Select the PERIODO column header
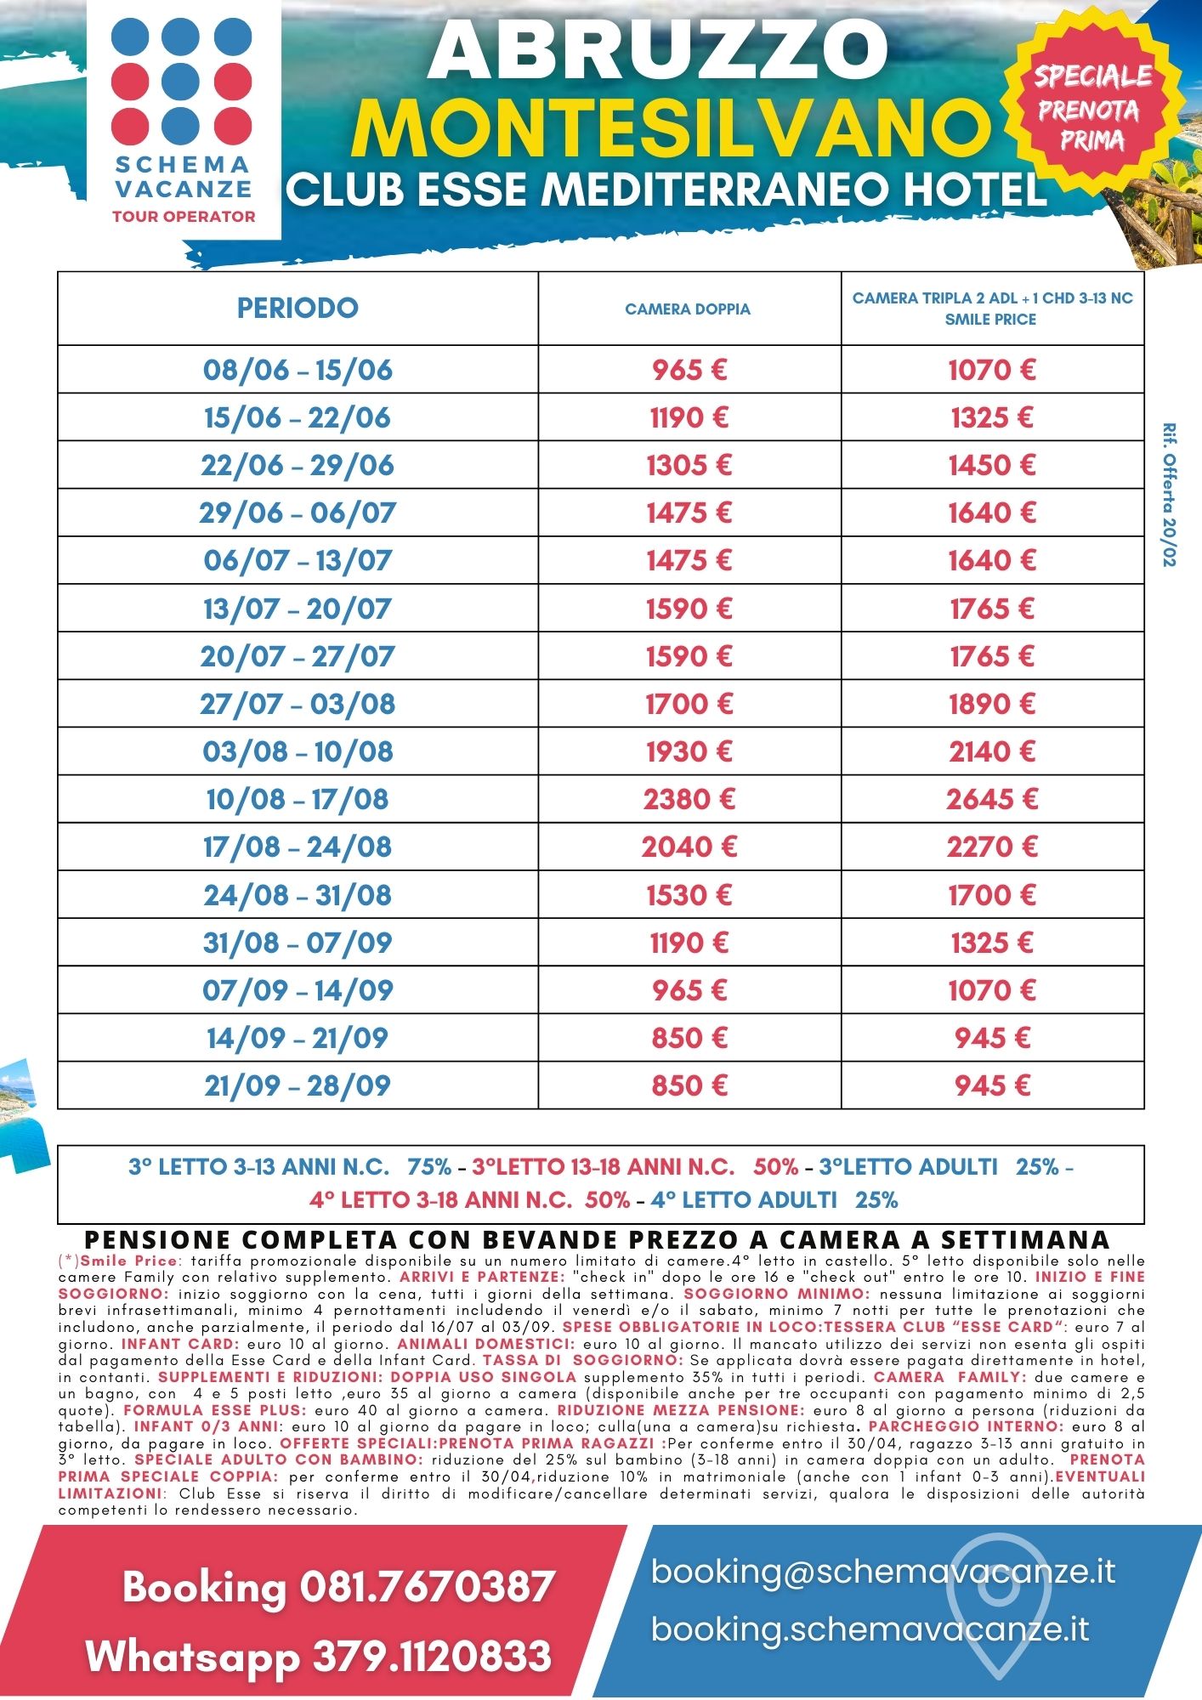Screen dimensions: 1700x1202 tap(298, 308)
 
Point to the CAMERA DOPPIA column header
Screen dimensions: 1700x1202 tap(688, 309)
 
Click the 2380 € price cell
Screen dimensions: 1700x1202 tap(689, 799)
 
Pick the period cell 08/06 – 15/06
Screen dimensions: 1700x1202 tap(298, 370)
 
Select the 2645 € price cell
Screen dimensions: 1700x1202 tap(992, 799)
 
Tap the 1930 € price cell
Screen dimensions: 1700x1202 tap(689, 751)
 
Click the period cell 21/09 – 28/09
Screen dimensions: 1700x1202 tap(298, 1085)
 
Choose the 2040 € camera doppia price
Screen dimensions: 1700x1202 tap(689, 847)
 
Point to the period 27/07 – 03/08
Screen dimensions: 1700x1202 tap(298, 704)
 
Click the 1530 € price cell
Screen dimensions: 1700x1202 tap(689, 895)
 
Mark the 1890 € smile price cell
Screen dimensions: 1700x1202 tap(992, 704)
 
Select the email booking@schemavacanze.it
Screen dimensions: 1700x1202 tap(882, 1571)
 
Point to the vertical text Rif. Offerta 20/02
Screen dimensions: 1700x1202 tap(1170, 495)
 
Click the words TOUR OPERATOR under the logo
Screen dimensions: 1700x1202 tap(184, 217)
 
